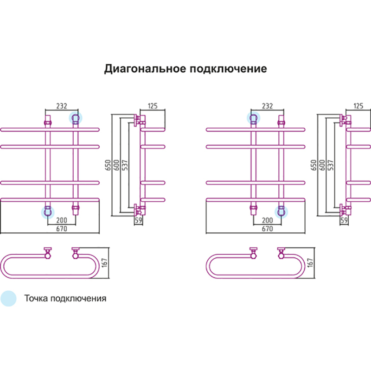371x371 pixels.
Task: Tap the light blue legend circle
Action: [x=8, y=298]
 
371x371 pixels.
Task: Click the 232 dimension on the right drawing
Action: [x=267, y=106]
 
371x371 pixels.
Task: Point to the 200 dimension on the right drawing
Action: [x=267, y=220]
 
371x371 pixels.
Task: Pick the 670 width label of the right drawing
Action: [x=267, y=228]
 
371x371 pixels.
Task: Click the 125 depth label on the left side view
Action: [x=153, y=106]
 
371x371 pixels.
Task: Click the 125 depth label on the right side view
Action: [x=358, y=106]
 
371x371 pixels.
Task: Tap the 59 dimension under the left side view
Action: [x=138, y=220]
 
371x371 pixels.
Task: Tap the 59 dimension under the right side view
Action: [x=344, y=220]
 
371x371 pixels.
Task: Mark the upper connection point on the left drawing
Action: [x=75, y=118]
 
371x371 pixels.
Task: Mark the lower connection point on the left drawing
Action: [x=47, y=212]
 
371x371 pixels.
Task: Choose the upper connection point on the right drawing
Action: [x=253, y=118]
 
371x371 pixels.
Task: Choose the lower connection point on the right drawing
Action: [x=281, y=212]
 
